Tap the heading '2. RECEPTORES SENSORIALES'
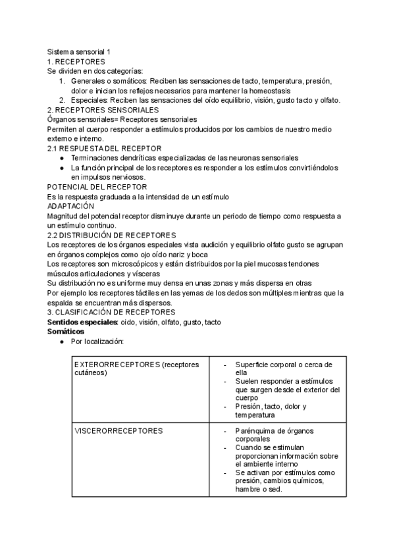pyautogui.click(x=103, y=110)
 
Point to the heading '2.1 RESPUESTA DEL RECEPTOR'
pyautogui.click(x=99, y=149)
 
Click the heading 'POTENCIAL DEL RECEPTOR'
pyautogui.click(x=97, y=188)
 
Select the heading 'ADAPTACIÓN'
pyautogui.click(x=71, y=207)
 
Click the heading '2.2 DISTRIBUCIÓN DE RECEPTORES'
pyautogui.click(x=111, y=236)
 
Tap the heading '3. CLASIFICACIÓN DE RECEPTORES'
pyautogui.click(x=111, y=313)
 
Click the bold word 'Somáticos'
pyautogui.click(x=66, y=332)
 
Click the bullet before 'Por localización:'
pyautogui.click(x=61, y=342)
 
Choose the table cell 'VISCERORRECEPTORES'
pyautogui.click(x=119, y=431)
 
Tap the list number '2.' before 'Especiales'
pyautogui.click(x=61, y=101)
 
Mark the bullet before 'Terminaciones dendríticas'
pyautogui.click(x=61, y=159)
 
